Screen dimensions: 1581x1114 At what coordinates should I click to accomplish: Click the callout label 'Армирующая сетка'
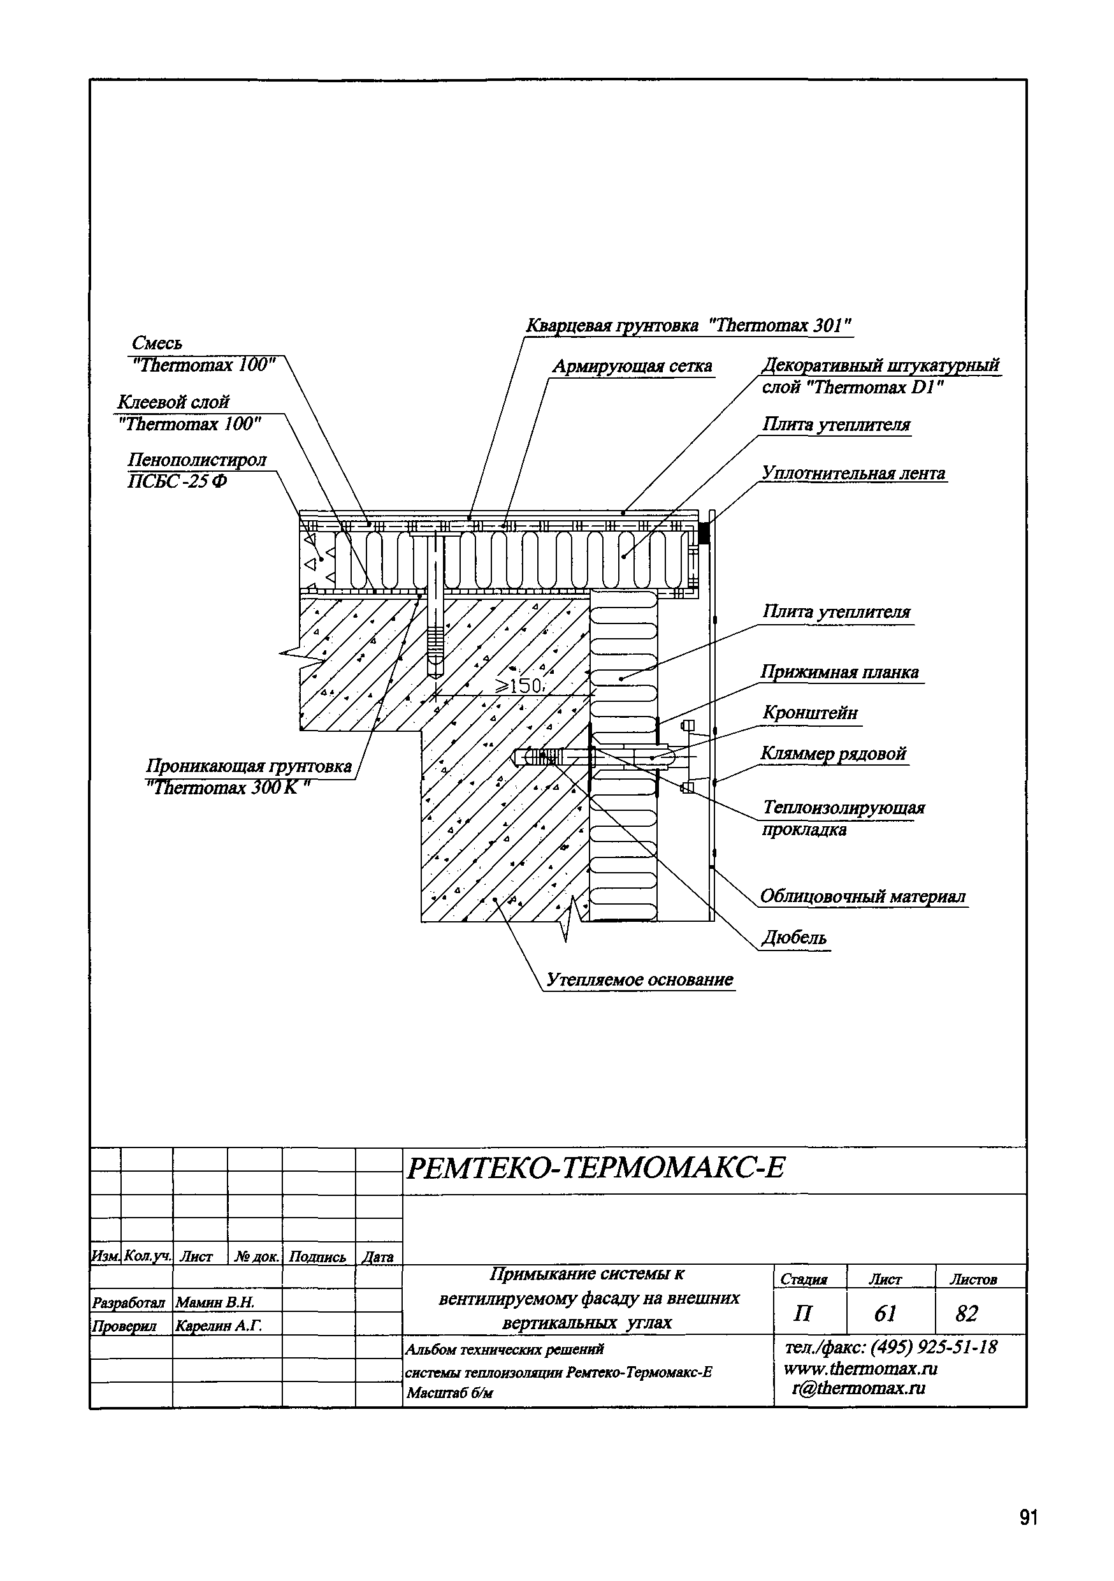coord(632,367)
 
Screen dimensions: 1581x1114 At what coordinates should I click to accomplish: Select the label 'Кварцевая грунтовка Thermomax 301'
coord(688,326)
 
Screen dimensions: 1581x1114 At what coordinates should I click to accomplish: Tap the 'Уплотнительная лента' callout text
coord(853,474)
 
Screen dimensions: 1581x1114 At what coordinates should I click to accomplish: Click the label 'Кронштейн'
coord(809,713)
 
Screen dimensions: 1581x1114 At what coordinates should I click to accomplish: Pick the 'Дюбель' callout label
coord(794,938)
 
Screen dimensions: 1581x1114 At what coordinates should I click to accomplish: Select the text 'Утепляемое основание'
coord(640,979)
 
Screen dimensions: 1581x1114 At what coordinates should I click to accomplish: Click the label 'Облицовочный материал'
coord(863,896)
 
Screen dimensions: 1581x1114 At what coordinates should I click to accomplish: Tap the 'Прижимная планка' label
coord(839,672)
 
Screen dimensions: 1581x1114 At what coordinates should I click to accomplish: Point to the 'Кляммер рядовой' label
coord(833,754)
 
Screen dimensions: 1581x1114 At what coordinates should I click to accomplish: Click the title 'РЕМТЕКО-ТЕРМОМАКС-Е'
coord(595,1168)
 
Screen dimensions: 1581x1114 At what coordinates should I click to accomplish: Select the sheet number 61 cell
coord(885,1314)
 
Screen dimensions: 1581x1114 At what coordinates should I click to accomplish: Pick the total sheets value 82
coord(967,1314)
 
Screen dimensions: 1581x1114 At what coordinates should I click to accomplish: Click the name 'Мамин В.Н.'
coord(215,1302)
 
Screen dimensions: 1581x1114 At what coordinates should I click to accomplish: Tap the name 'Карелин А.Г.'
coord(219,1325)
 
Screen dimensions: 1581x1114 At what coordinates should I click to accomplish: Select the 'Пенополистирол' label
coord(197,460)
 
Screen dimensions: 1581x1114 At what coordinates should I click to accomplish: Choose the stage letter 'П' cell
coord(803,1314)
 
